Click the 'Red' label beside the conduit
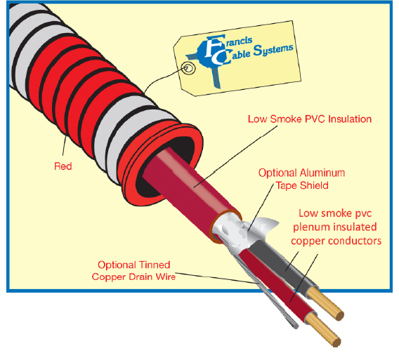[63, 166]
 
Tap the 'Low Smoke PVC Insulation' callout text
[310, 119]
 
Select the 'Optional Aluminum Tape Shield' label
[302, 179]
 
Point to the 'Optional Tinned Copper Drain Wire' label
[133, 271]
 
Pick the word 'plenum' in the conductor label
[310, 227]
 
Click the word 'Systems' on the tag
[273, 50]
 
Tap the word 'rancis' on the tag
[239, 41]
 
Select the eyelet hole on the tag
[188, 68]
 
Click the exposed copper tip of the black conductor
[326, 304]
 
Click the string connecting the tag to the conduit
[163, 79]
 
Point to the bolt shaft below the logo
[216, 77]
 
